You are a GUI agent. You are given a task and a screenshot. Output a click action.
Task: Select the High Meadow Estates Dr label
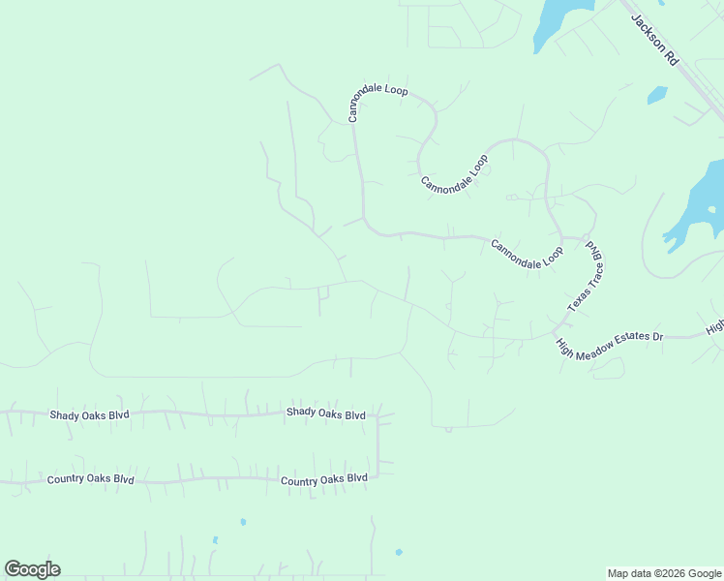pyautogui.click(x=609, y=344)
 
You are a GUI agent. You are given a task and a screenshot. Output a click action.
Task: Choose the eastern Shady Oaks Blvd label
pyautogui.click(x=325, y=413)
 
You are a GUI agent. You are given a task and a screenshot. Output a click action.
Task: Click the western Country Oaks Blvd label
pyautogui.click(x=90, y=479)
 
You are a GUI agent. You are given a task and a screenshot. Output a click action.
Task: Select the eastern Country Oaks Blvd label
pyautogui.click(x=324, y=478)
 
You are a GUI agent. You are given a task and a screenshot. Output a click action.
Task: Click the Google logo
pyautogui.click(x=32, y=569)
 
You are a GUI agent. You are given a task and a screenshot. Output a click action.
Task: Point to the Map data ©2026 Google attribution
pyautogui.click(x=664, y=573)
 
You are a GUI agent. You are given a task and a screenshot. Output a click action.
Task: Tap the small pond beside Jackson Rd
pyautogui.click(x=657, y=95)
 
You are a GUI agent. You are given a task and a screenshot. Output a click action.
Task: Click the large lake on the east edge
pyautogui.click(x=702, y=208)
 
